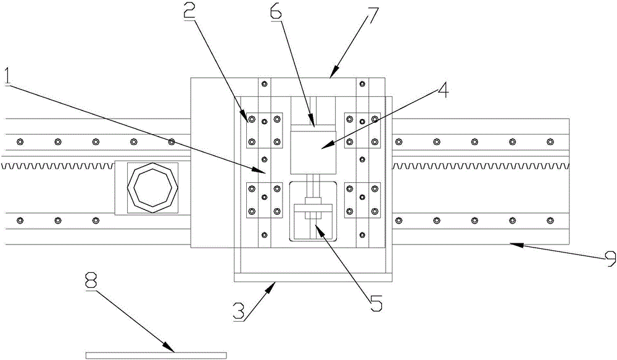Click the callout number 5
point(376,303)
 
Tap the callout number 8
point(92,285)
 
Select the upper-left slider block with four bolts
point(264,130)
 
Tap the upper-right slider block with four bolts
point(362,130)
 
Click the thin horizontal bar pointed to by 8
point(156,355)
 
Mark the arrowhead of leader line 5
point(316,225)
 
